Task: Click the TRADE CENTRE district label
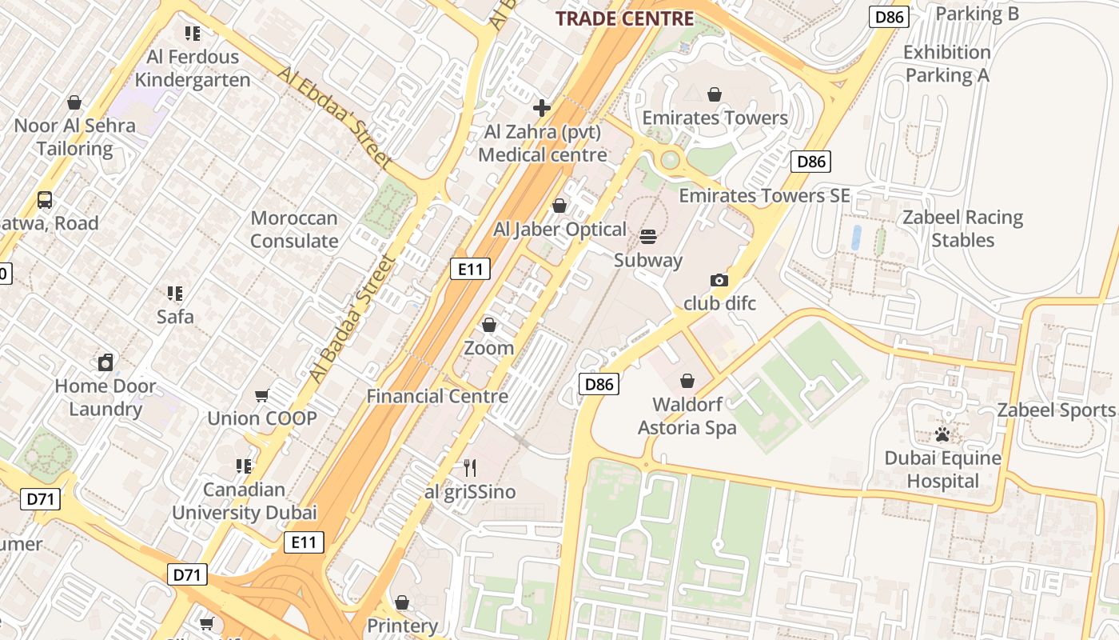tap(624, 18)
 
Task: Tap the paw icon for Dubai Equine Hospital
tap(943, 434)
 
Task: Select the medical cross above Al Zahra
tap(542, 108)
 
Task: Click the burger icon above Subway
tap(648, 237)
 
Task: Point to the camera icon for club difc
tap(719, 280)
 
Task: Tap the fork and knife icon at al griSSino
tap(470, 467)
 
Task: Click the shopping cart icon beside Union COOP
tap(261, 395)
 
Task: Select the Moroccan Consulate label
tap(294, 230)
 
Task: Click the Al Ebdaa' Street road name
tap(336, 117)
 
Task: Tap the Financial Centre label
tap(437, 396)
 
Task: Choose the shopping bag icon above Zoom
tap(488, 325)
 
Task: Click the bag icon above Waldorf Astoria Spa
tap(687, 381)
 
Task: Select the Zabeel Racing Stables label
tap(962, 229)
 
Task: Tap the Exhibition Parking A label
tap(947, 64)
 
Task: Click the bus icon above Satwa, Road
tap(45, 200)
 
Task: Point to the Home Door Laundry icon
tap(106, 362)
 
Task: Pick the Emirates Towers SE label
tap(764, 196)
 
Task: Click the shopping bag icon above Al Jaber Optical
tap(559, 206)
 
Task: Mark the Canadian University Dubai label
tap(245, 501)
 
